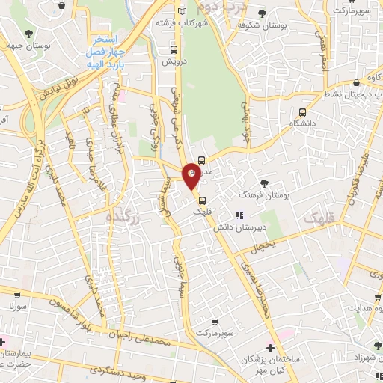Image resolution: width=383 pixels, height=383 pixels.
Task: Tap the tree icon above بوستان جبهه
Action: [28, 34]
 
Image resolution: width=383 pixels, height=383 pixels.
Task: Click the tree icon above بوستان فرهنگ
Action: [264, 183]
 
